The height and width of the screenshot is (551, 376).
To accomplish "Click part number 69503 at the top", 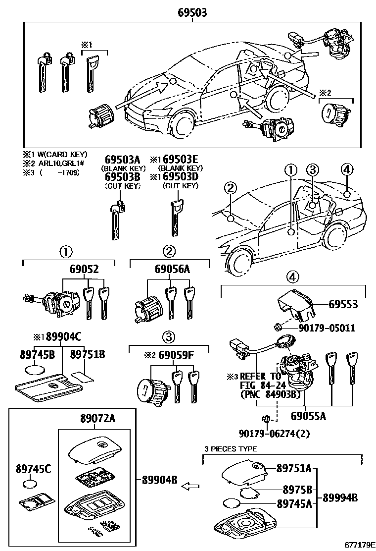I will (192, 13).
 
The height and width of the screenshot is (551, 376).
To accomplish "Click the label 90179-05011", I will (327, 328).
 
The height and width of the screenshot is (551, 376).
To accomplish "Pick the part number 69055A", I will (308, 416).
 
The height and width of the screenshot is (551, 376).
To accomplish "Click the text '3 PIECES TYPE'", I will (231, 449).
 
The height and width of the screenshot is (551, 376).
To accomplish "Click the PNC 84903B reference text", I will (270, 394).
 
